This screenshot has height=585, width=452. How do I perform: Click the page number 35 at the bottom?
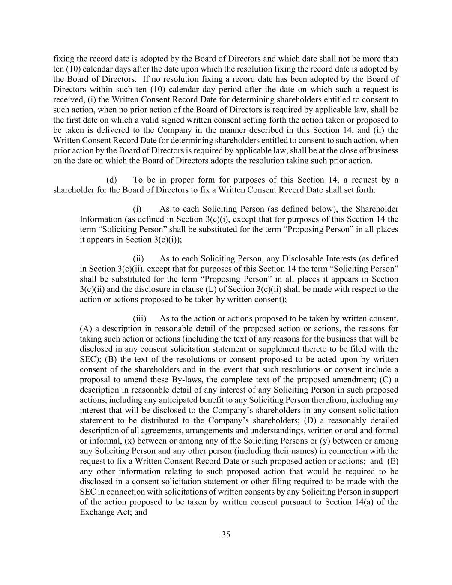226,534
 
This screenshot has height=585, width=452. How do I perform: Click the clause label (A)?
86,329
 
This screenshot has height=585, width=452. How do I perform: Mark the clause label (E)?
392,461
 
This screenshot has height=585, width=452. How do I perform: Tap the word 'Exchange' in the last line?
95,512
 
